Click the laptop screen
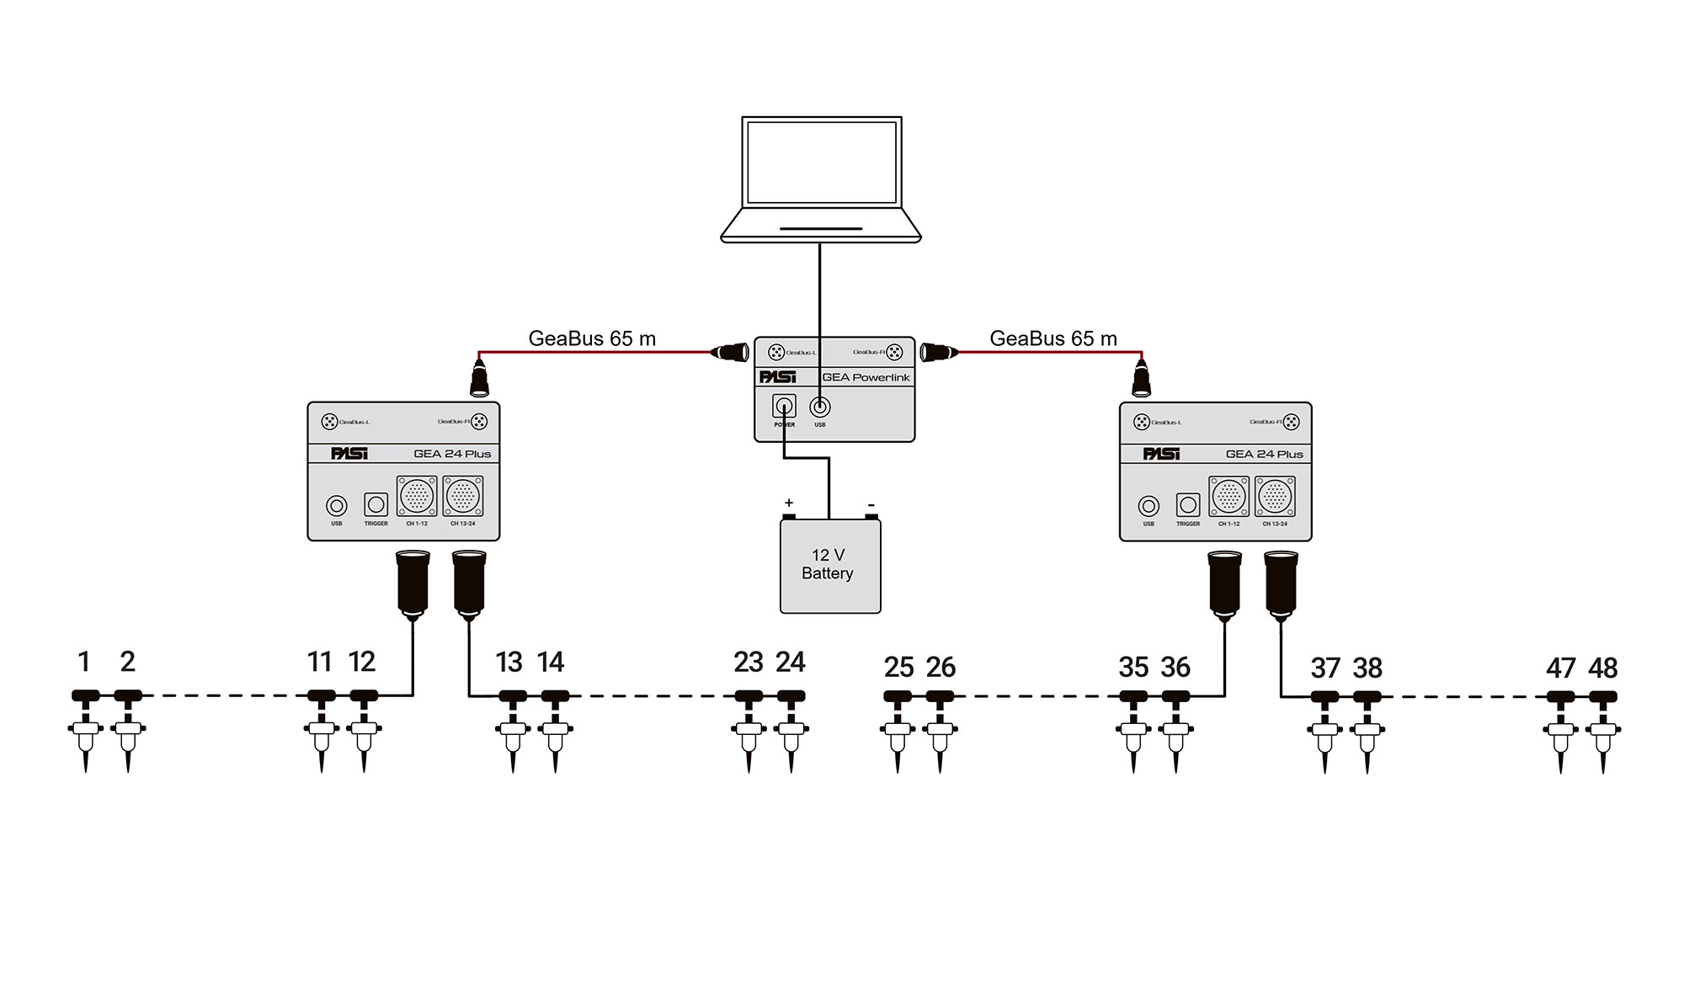pyautogui.click(x=821, y=162)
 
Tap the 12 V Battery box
pyautogui.click(x=830, y=566)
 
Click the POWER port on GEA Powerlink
pyautogui.click(x=784, y=407)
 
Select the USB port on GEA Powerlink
pyautogui.click(x=819, y=407)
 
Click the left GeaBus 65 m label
pyautogui.click(x=592, y=338)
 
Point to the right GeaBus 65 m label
pyautogui.click(x=1053, y=338)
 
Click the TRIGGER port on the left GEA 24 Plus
pyautogui.click(x=376, y=505)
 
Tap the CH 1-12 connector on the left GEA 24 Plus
pyautogui.click(x=417, y=497)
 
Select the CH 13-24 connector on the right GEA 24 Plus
pyautogui.click(x=1275, y=497)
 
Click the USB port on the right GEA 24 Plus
pyautogui.click(x=1148, y=506)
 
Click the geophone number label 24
pyautogui.click(x=791, y=663)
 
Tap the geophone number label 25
pyautogui.click(x=898, y=668)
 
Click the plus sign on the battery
pyautogui.click(x=789, y=503)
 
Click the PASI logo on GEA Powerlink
pyautogui.click(x=777, y=377)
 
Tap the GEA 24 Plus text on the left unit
pyautogui.click(x=452, y=454)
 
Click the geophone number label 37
pyautogui.click(x=1325, y=668)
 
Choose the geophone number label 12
pyautogui.click(x=362, y=663)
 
